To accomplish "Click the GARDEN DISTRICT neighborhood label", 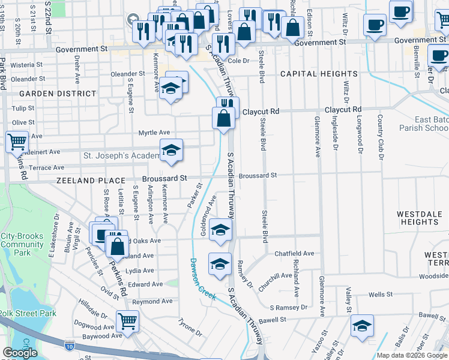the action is [58, 94].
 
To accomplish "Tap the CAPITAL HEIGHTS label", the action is [318, 74].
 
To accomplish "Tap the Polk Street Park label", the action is [27, 313].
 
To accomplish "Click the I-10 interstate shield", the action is [70, 344].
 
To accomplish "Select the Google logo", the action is [20, 353].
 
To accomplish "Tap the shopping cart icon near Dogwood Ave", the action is [127, 320].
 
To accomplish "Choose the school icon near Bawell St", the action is [362, 326].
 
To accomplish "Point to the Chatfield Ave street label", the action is [294, 254].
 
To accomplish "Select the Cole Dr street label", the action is [238, 61].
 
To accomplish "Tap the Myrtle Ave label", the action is [154, 133].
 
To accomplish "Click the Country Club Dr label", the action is [380, 137].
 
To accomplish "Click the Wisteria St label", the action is [22, 64].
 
